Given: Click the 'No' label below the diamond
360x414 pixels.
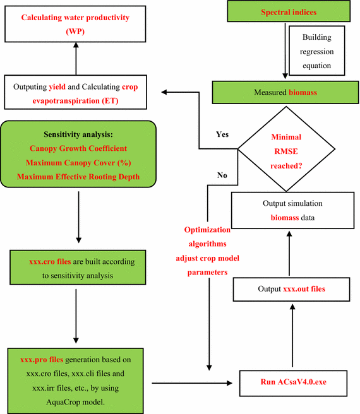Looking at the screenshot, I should click(x=222, y=175).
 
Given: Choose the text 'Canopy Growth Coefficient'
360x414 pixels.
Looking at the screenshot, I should click(x=78, y=149).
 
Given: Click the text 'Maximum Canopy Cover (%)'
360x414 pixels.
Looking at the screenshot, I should click(x=78, y=163).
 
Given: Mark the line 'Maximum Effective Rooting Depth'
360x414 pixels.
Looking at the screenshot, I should click(x=78, y=177).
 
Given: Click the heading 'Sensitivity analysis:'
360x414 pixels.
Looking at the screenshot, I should click(x=78, y=135).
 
